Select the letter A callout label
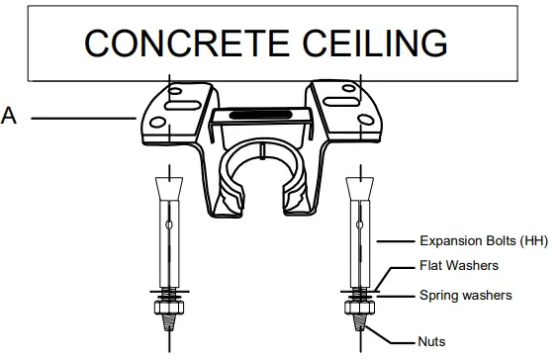tap(10, 118)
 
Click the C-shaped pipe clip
tap(261, 178)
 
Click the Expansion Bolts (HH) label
tap(483, 240)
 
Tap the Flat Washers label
tap(459, 265)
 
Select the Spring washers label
tap(466, 295)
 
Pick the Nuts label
tap(432, 341)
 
